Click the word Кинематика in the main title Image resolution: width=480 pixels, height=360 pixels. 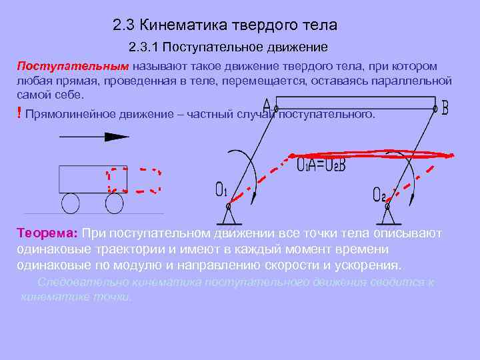(x=181, y=25)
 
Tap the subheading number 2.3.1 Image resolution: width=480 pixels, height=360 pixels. (x=143, y=48)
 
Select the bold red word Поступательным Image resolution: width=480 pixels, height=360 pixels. (x=73, y=67)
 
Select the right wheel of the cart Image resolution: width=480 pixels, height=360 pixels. (x=114, y=203)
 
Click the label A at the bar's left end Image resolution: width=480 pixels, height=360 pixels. (x=267, y=107)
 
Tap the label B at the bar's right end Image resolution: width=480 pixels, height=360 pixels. (x=445, y=107)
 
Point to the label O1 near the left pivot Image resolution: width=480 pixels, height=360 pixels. (x=221, y=191)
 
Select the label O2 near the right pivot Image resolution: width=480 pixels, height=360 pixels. (x=379, y=194)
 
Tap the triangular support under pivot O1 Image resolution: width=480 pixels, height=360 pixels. (x=228, y=215)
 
